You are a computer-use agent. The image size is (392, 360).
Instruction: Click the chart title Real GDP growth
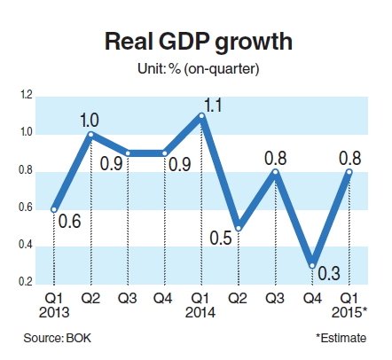199,43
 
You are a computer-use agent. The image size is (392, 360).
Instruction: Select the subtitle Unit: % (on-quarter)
199,69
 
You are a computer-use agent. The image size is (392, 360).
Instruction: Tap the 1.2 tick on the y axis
26,95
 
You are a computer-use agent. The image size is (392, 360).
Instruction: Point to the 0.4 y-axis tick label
26,245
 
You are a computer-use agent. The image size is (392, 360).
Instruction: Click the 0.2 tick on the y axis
26,282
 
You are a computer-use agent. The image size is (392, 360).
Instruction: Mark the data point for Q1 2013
54,209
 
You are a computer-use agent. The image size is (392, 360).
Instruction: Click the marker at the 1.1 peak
201,115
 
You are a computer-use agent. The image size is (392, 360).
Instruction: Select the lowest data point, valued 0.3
312,266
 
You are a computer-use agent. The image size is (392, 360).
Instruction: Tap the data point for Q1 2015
349,172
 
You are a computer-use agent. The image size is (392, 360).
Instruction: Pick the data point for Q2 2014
239,229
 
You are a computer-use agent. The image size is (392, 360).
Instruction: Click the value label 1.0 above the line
90,121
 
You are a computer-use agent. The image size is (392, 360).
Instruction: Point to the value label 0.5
221,238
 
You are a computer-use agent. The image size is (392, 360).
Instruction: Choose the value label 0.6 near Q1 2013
70,222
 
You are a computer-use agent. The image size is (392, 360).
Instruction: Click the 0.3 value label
329,273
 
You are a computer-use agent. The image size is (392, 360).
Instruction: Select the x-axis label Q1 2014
200,306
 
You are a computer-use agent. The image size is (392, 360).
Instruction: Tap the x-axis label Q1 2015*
349,306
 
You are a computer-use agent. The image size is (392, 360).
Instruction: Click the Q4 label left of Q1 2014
163,299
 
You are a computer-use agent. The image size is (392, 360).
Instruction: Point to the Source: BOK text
58,338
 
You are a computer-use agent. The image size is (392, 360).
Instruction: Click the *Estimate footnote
341,338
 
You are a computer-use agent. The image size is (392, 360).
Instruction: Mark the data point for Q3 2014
276,172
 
